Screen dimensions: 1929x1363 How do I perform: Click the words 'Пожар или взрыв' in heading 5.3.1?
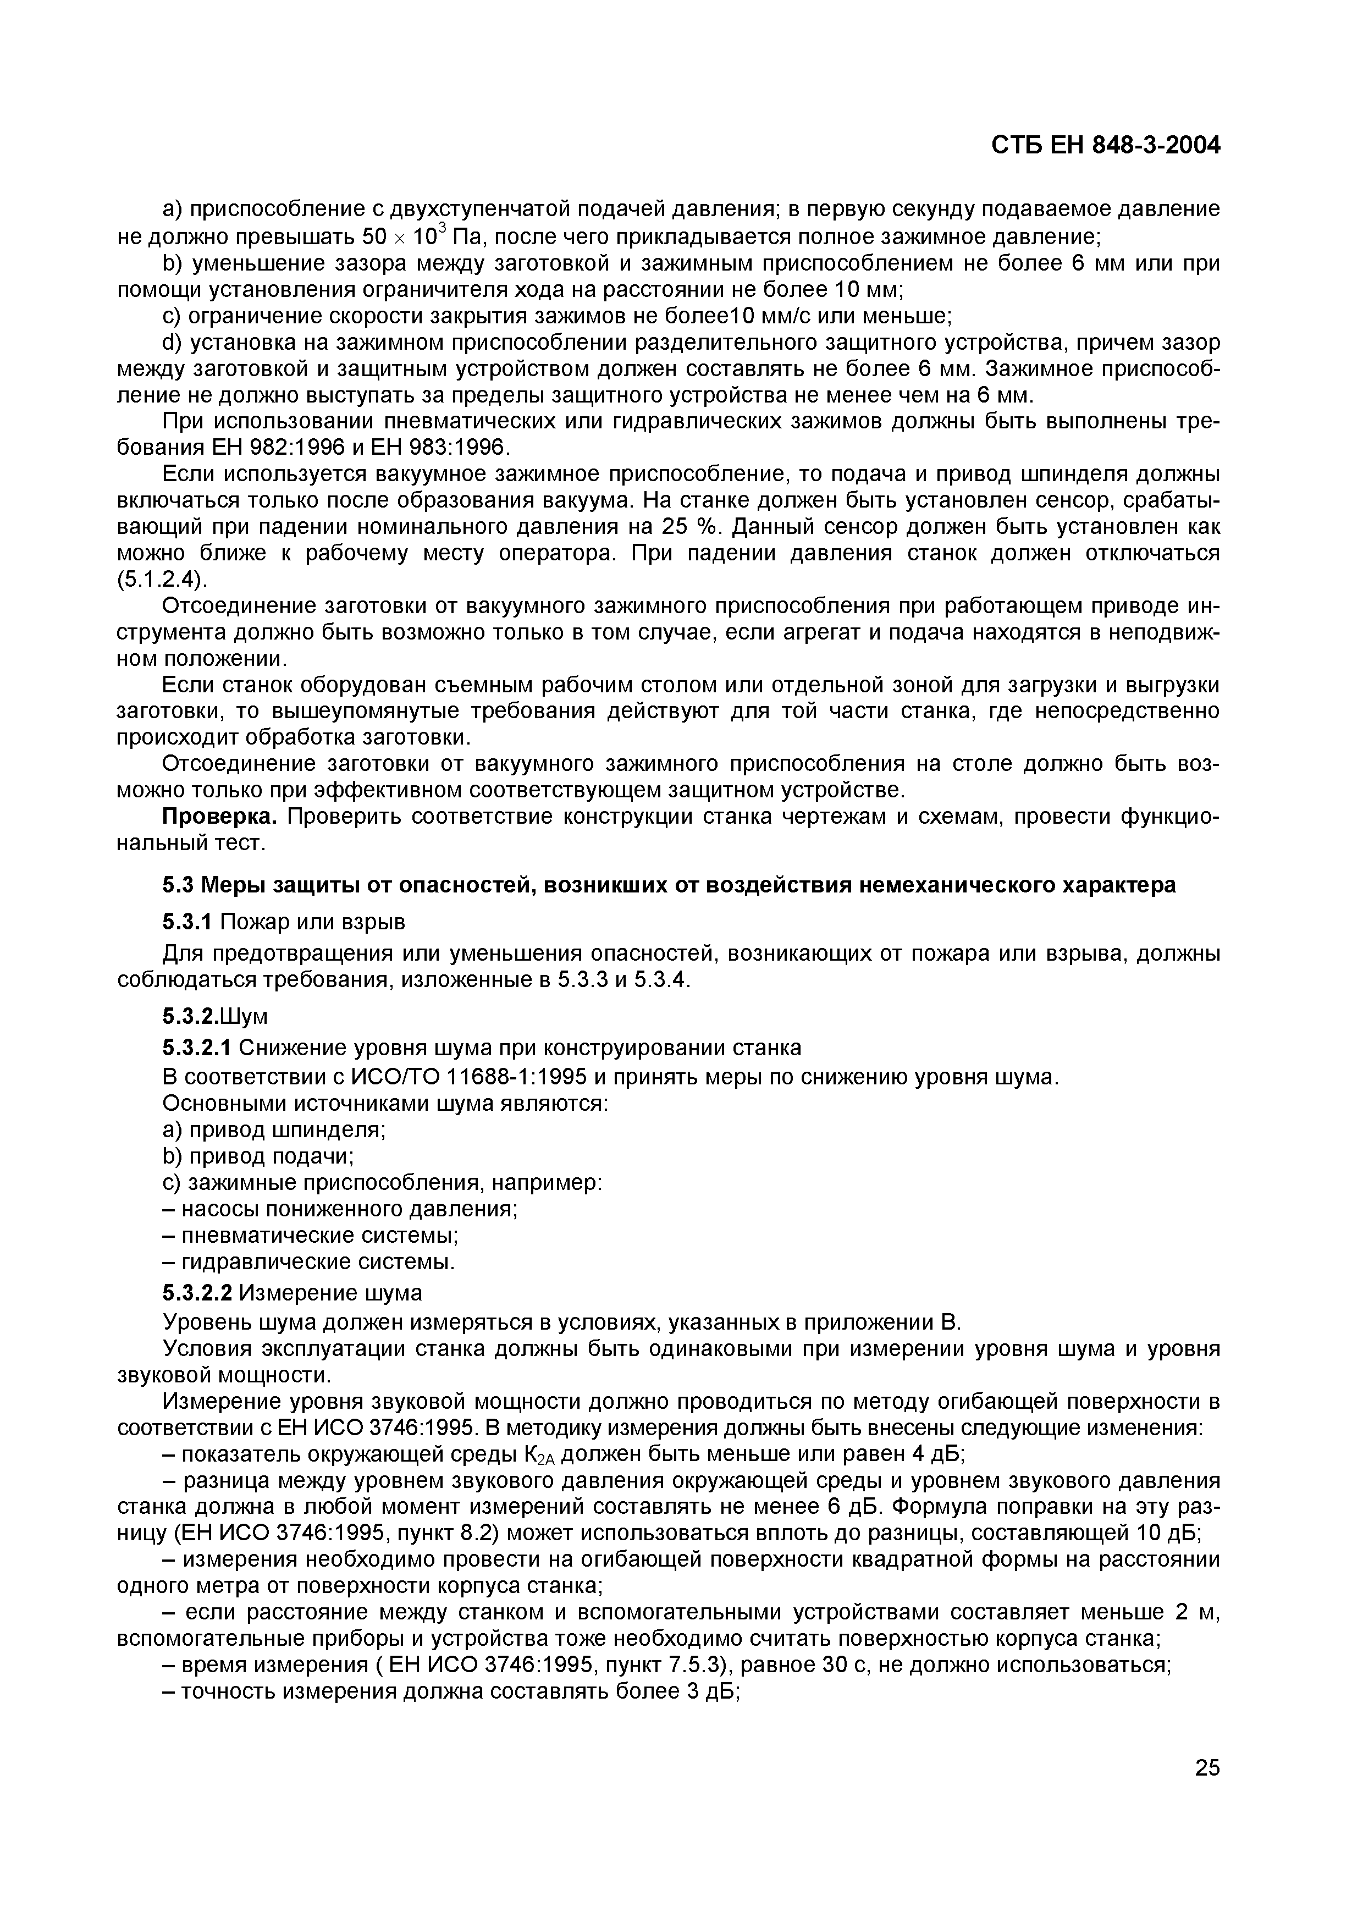click(312, 923)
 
